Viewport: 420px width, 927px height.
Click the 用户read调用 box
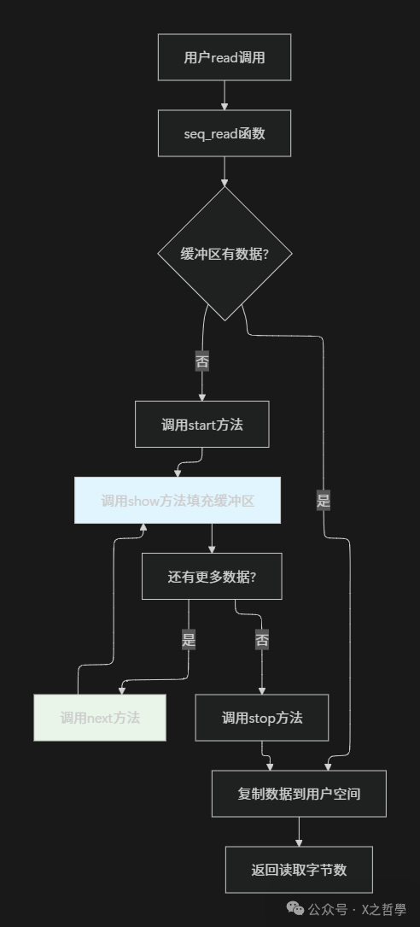pos(225,57)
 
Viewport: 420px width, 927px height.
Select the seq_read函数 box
pos(225,133)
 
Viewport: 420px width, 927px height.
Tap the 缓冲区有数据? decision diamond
pos(225,254)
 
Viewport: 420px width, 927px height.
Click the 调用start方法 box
pos(201,424)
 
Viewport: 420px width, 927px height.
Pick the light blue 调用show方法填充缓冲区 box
pos(178,500)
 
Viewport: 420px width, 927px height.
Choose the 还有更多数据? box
pos(212,576)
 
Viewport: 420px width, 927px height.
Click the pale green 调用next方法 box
pos(100,718)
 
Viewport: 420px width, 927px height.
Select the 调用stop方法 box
pos(262,718)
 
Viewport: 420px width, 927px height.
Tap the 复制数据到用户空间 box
pos(299,794)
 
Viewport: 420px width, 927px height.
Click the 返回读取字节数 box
pos(299,870)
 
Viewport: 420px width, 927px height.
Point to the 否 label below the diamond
pos(202,361)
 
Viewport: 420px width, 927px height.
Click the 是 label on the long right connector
pos(324,501)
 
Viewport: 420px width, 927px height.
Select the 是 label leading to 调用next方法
pos(189,638)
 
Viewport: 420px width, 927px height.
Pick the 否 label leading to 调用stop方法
pos(262,638)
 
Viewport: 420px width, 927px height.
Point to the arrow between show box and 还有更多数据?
pos(212,538)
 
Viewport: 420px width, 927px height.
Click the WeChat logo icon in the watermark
pos(295,909)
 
